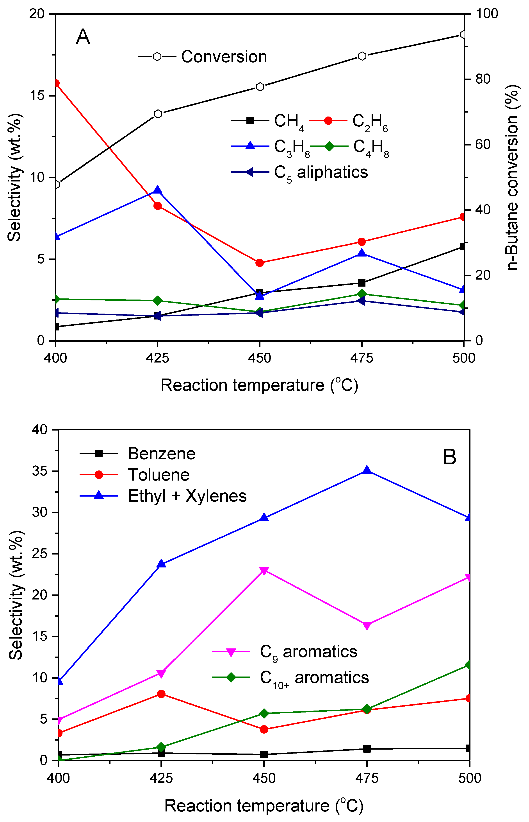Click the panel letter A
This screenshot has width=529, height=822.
pos(83,37)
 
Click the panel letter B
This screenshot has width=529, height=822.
pos(449,457)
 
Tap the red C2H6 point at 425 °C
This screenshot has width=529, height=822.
pos(158,206)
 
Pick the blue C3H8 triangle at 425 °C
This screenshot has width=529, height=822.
pos(158,190)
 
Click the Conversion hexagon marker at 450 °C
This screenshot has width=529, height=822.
pos(260,87)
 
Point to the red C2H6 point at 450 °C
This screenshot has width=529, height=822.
pos(260,263)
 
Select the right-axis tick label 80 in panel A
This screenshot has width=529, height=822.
pos(483,79)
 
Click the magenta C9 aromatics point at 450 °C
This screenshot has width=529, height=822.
pos(264,571)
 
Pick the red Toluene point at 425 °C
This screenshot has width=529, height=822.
pos(161,694)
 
